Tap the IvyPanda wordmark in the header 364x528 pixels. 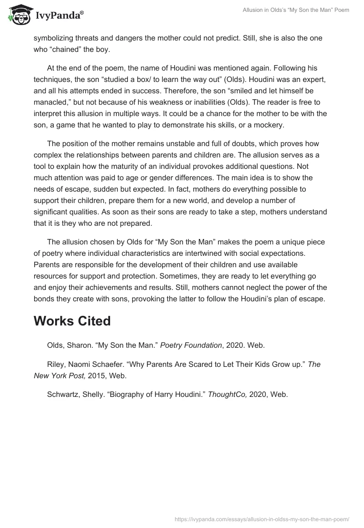pos(59,17)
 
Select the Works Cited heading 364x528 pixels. pos(72,321)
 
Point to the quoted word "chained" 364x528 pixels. pos(70,49)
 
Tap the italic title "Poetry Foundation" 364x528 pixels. pos(193,345)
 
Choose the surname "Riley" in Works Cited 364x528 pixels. pos(56,364)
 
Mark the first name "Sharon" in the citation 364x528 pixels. pos(80,345)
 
